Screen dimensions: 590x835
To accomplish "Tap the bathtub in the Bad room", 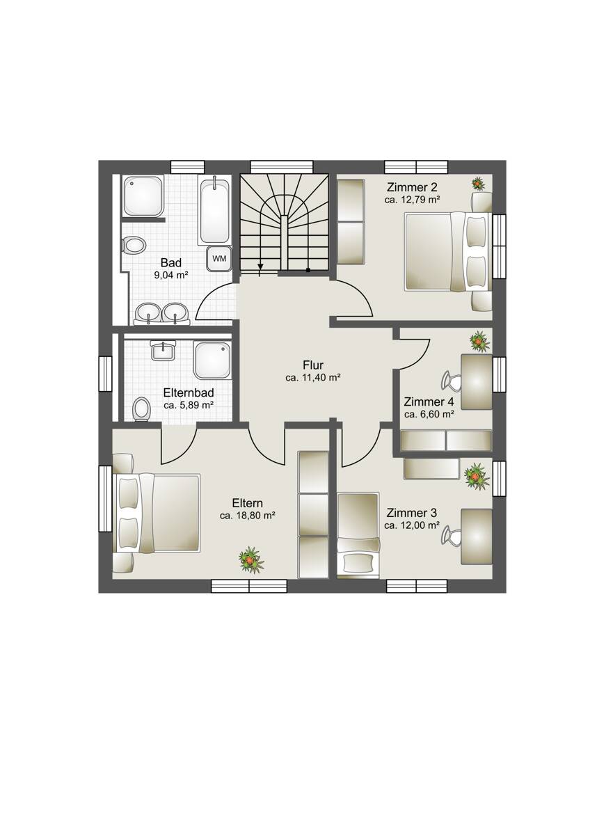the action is tap(215, 211).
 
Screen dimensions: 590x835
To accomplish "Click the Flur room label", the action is tap(313, 365).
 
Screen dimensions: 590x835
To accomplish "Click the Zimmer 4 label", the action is tap(429, 402).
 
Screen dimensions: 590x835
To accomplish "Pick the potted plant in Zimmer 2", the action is tap(477, 183).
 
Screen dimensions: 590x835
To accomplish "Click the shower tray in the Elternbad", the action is tap(212, 360).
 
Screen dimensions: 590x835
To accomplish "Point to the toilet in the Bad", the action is tap(134, 245).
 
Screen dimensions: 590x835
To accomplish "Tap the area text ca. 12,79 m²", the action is tap(412, 200).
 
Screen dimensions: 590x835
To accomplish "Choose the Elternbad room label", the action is tap(189, 392).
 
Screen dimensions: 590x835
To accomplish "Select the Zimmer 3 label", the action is tap(411, 513).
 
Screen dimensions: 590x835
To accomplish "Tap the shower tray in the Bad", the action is tap(143, 196).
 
